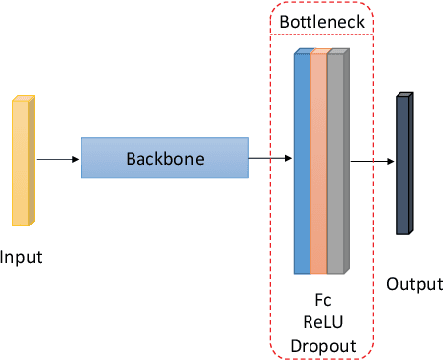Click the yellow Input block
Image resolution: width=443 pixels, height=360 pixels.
coord(23,160)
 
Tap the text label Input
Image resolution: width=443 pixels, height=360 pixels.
coord(21,258)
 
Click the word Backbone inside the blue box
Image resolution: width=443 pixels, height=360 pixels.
coord(163,158)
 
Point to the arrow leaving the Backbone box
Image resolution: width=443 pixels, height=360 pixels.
coord(269,158)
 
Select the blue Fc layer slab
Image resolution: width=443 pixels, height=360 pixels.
coord(302,163)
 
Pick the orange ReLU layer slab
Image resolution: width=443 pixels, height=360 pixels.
coord(318,163)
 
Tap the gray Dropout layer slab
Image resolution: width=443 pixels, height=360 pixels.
coord(336,163)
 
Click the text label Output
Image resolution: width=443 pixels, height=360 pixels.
coord(413,284)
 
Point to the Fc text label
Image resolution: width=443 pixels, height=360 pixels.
coord(321,298)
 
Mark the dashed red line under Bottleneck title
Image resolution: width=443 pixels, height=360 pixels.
coord(322,35)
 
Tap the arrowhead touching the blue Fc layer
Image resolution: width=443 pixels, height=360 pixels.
coord(289,158)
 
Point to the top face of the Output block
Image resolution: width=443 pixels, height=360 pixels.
coord(403,95)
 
